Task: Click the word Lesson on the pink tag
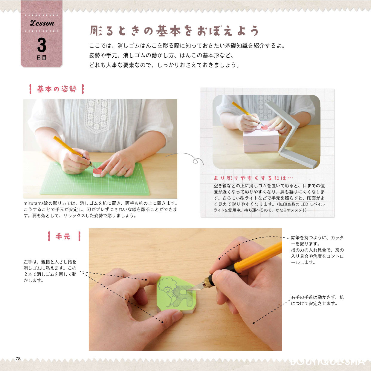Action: [42, 23]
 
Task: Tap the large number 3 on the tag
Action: [42, 45]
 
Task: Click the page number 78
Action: [18, 358]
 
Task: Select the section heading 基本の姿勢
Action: [57, 89]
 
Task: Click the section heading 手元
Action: [63, 236]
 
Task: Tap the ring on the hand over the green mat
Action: [125, 169]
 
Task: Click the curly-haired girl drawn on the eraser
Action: [168, 291]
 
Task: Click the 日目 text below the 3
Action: [42, 57]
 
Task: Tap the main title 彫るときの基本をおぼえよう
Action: [174, 31]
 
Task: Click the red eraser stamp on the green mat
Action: [97, 172]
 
